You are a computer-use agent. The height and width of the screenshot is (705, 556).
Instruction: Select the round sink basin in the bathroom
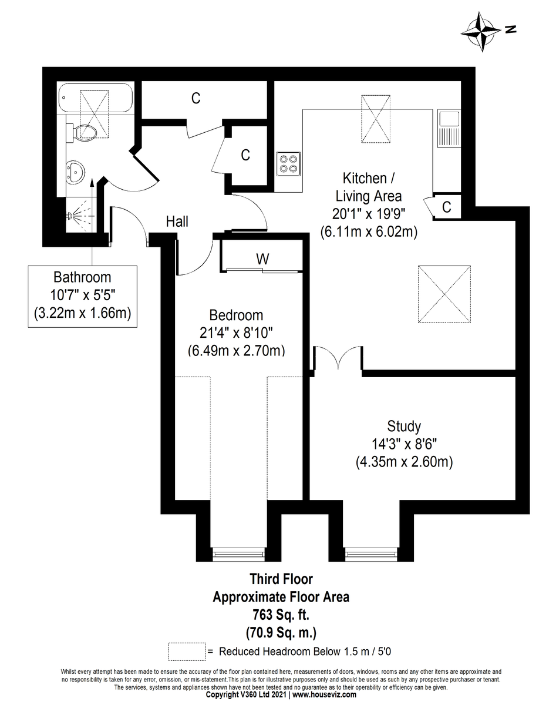click(x=76, y=172)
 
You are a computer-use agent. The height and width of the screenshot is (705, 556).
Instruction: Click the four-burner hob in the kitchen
click(x=288, y=163)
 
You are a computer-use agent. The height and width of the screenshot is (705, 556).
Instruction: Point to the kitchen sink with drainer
click(x=449, y=129)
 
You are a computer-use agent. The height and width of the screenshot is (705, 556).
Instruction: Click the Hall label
click(x=177, y=221)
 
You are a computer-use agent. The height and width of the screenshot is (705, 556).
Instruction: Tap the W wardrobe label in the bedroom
click(x=261, y=258)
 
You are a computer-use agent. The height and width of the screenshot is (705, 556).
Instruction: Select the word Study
click(x=403, y=426)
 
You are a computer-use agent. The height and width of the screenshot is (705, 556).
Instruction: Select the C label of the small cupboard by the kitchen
click(x=446, y=207)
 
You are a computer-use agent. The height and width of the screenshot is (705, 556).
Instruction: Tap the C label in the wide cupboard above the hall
click(x=196, y=99)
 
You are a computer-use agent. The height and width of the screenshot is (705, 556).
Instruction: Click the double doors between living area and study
click(x=338, y=359)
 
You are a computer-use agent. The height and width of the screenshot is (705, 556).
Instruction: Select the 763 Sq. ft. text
click(x=281, y=615)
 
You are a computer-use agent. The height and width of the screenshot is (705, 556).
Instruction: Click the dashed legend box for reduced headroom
click(x=187, y=652)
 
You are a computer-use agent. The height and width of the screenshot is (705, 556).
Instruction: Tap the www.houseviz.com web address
click(x=324, y=694)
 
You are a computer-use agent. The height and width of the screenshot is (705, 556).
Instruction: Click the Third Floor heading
click(x=281, y=579)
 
